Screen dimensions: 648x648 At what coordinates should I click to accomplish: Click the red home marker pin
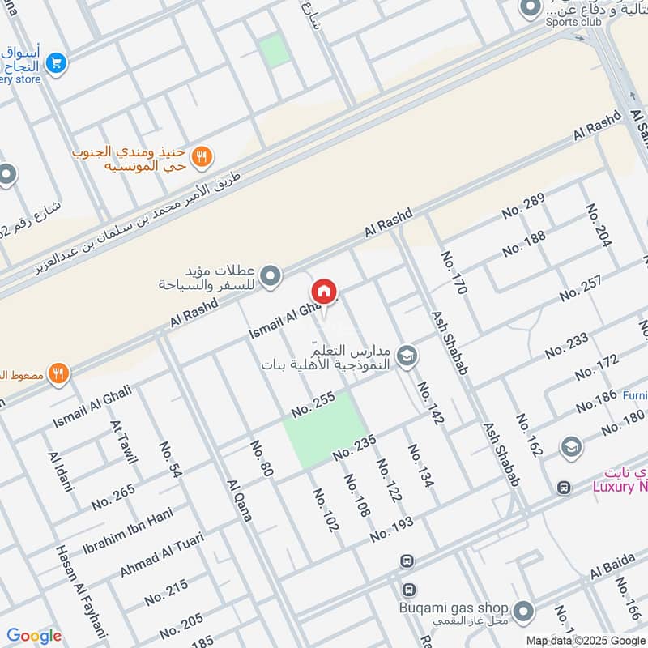tap(324, 292)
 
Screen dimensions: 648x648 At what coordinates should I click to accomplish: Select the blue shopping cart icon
tap(56, 62)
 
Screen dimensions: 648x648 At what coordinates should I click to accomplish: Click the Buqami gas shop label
tap(454, 607)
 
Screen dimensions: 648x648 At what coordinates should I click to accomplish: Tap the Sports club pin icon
tap(531, 7)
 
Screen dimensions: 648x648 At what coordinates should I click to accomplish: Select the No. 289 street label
tap(522, 207)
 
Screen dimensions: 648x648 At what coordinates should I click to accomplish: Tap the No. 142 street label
tap(432, 403)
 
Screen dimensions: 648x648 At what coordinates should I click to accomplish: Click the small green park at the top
tap(275, 50)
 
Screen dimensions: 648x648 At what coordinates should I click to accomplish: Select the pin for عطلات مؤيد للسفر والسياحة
tap(274, 277)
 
